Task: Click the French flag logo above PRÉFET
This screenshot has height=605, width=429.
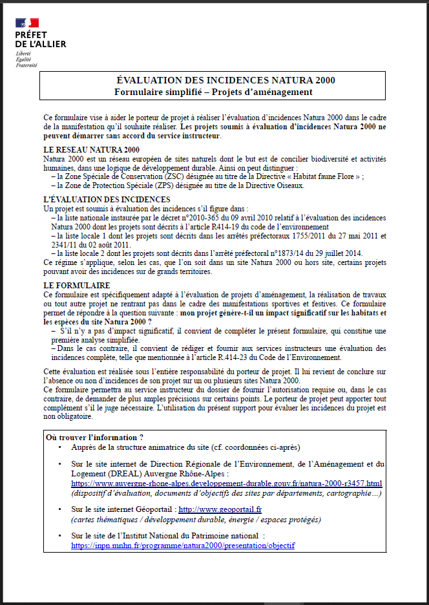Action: (x=26, y=23)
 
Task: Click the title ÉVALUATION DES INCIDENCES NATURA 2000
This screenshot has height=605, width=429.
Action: (x=225, y=80)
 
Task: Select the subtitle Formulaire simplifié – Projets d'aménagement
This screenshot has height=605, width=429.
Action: (x=213, y=92)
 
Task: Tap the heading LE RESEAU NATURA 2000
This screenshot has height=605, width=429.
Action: (x=91, y=150)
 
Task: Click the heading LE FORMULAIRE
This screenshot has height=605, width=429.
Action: (x=76, y=285)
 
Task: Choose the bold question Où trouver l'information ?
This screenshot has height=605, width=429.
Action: (x=94, y=438)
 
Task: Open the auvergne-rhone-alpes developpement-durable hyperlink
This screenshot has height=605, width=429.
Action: (x=226, y=483)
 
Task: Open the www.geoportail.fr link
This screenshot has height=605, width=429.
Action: (x=220, y=510)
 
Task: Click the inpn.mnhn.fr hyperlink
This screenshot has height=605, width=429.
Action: (x=183, y=545)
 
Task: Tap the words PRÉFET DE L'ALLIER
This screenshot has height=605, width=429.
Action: (x=40, y=39)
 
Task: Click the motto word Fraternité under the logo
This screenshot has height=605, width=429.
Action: (x=26, y=65)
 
